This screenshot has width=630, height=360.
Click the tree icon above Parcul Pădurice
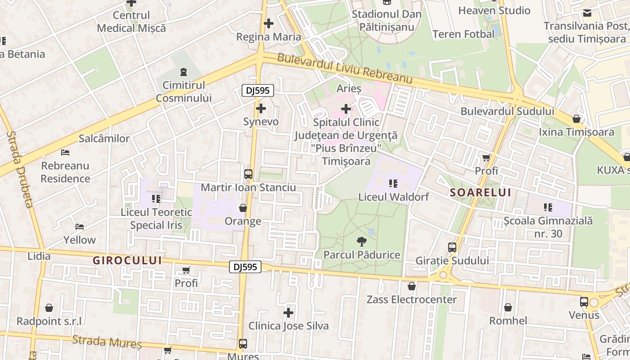pos(361,241)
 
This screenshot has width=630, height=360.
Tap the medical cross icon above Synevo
pos(261,108)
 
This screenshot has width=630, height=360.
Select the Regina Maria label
pos(269,37)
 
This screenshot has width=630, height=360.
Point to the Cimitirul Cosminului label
pos(184,91)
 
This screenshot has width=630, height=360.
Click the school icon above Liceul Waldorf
pos(393,184)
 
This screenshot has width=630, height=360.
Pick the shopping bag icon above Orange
pos(243,208)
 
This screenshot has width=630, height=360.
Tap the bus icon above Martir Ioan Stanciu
pos(248,174)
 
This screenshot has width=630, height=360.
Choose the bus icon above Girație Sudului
pos(452,247)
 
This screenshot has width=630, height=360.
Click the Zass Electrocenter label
pos(411,299)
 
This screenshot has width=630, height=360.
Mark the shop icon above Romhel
pos(508,307)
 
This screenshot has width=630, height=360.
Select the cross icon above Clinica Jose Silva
pos(288,312)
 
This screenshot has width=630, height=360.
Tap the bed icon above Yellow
pos(80,226)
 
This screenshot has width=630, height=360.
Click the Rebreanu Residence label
pos(65,172)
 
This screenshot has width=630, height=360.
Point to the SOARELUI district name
pos(481,193)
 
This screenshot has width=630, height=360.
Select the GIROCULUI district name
pos(127,260)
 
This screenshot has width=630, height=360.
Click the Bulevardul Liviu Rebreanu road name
pos(345,68)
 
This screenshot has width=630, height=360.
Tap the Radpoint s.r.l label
pos(49,321)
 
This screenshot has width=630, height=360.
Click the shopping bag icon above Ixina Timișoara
pos(576,119)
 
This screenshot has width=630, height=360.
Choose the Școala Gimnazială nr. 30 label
pos(548,227)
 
